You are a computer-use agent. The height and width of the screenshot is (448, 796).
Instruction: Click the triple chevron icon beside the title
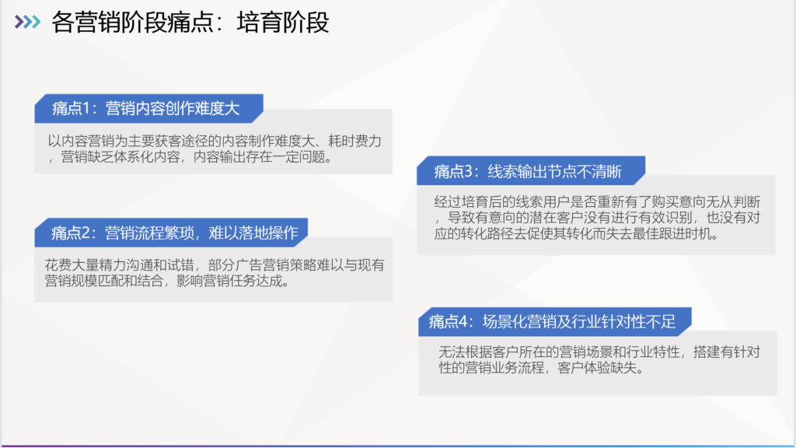point(27,22)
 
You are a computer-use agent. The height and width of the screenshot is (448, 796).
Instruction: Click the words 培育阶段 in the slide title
point(283,23)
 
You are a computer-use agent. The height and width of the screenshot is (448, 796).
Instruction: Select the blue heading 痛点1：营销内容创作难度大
point(145,108)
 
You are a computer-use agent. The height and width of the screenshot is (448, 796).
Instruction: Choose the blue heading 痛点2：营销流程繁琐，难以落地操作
point(174,233)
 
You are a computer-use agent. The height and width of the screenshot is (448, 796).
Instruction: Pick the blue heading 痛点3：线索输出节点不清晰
point(528,172)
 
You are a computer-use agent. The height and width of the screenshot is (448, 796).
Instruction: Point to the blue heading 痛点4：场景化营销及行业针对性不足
point(552,321)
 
